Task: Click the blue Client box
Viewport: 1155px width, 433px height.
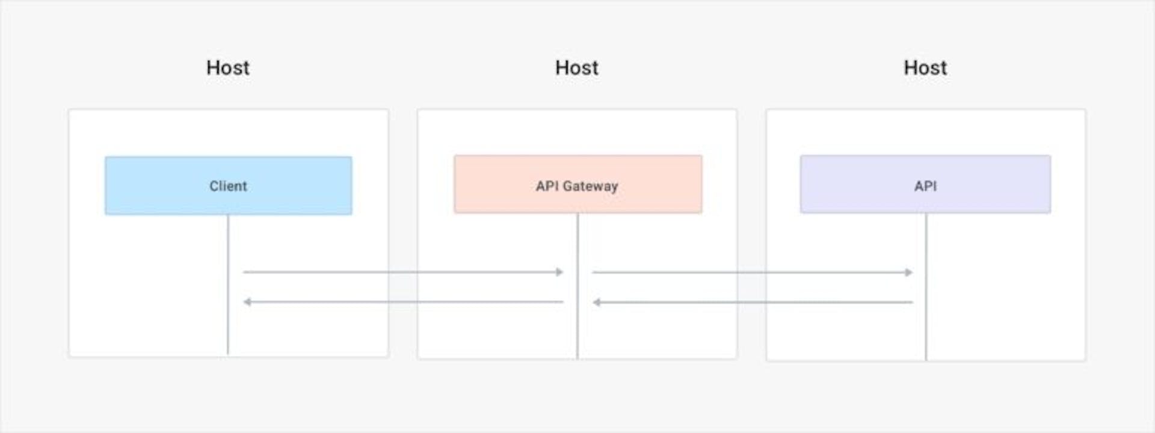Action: (229, 185)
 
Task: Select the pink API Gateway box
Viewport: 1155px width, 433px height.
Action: (578, 184)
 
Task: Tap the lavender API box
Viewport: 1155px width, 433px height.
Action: (925, 184)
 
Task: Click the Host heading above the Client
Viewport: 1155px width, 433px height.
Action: (228, 67)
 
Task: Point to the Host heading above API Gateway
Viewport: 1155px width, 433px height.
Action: (577, 67)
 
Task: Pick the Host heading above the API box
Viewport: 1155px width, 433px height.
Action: (925, 67)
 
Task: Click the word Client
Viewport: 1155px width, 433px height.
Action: (228, 186)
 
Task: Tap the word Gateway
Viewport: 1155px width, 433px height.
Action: (590, 186)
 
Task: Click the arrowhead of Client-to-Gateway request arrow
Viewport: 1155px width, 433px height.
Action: (559, 272)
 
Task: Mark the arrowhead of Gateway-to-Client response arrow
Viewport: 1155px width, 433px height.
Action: (247, 301)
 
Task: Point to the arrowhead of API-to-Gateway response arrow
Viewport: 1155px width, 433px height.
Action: (597, 302)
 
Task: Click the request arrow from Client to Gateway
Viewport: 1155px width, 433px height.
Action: (403, 272)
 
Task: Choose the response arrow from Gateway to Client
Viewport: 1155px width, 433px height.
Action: (403, 301)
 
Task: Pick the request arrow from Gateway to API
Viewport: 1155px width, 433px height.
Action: (753, 272)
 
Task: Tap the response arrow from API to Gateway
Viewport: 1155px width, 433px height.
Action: (753, 302)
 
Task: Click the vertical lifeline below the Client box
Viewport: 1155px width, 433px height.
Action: (228, 284)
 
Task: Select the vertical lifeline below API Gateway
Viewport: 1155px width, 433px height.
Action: (577, 286)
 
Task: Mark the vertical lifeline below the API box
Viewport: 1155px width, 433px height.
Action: (926, 287)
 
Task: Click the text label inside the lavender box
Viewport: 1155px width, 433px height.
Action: (925, 186)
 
